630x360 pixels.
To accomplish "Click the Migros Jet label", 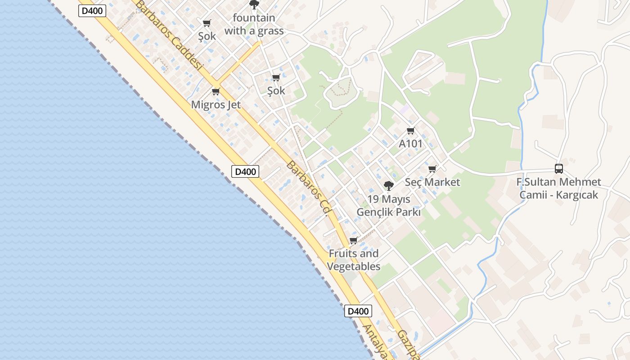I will (216, 105).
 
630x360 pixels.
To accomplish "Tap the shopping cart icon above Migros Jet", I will (216, 92).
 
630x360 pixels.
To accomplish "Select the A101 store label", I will (411, 144).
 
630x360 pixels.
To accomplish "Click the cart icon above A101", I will (410, 131).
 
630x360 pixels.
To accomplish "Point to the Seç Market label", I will (432, 182).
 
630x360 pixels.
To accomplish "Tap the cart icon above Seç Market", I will (432, 169).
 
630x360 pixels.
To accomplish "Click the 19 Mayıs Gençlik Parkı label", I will (389, 205).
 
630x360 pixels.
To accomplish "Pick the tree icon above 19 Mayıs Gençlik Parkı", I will (388, 185).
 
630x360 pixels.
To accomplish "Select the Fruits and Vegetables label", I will (354, 260).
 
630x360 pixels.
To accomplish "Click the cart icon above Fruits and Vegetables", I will (354, 240).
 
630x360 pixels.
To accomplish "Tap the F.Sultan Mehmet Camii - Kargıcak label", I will (559, 188).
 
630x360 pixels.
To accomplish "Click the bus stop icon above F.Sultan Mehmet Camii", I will (559, 169).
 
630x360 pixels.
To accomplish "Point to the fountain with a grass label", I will (254, 24).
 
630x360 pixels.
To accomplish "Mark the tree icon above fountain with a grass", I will (254, 4).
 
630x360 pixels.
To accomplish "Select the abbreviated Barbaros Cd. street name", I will (309, 187).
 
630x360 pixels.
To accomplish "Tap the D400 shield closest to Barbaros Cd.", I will (245, 171).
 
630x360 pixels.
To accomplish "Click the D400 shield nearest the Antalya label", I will (358, 311).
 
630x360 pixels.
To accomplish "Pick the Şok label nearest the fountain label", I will (207, 36).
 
